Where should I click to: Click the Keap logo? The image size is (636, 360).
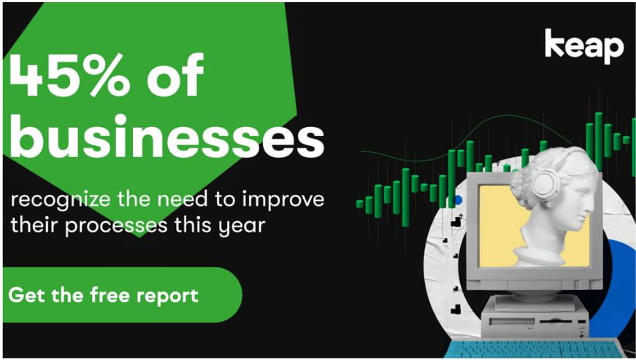[x=584, y=46]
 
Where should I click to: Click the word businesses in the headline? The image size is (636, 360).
[x=166, y=137]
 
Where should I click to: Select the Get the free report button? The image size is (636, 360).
[x=122, y=295]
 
